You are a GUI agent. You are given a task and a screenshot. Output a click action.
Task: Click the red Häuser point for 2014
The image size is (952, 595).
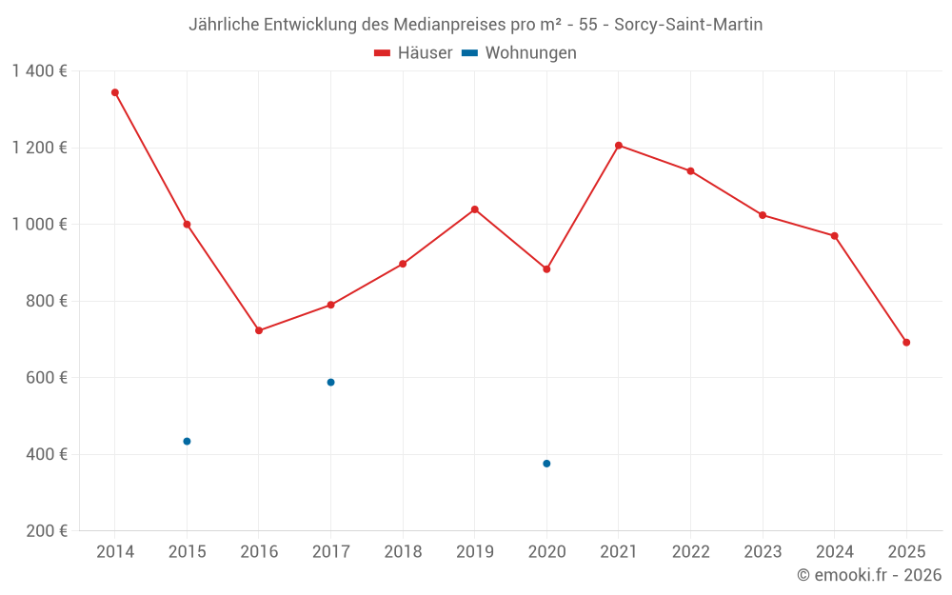[x=115, y=92]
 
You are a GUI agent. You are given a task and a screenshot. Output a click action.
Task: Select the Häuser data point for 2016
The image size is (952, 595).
[x=259, y=330]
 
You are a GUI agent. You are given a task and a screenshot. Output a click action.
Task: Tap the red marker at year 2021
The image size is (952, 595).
[x=619, y=146]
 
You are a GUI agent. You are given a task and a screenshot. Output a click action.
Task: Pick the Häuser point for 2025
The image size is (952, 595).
[x=906, y=343]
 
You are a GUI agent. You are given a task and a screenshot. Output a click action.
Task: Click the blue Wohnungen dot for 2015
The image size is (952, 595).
[x=187, y=442]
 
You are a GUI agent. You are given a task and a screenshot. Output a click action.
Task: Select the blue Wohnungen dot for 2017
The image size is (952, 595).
[x=330, y=383]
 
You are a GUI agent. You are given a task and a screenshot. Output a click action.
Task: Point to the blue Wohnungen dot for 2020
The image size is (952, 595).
[x=546, y=464]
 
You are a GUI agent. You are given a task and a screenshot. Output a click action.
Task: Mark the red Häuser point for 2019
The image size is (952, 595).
[x=475, y=209]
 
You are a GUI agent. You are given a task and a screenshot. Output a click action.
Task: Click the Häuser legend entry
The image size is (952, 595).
[x=413, y=53]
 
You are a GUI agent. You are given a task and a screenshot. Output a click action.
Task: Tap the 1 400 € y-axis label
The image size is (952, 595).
[x=39, y=71]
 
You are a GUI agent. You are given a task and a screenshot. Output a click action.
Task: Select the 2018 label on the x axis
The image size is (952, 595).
[x=403, y=552]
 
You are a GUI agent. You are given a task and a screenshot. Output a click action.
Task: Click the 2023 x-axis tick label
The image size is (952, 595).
[x=763, y=552]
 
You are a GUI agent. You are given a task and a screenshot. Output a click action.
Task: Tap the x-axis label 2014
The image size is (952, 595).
[x=115, y=552]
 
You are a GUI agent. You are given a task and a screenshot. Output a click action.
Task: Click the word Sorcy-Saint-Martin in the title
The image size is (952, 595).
[x=688, y=25]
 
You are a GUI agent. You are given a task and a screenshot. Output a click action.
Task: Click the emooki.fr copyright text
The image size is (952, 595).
[x=869, y=575]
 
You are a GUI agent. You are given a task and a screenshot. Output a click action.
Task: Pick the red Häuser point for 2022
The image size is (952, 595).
[x=691, y=171]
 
